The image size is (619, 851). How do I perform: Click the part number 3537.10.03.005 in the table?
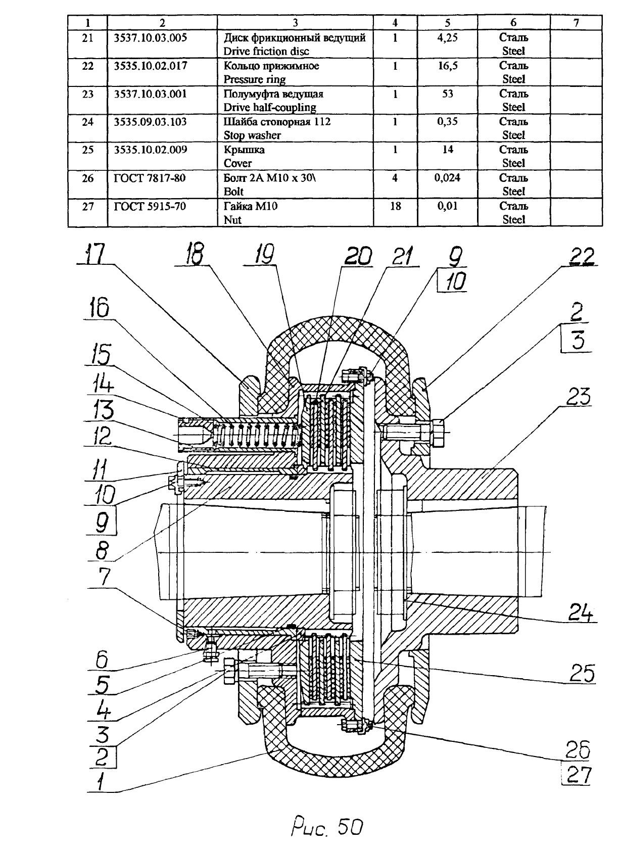pos(151,37)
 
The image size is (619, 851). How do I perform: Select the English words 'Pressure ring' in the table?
pos(254,79)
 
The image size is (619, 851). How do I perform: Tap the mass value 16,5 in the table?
pos(447,66)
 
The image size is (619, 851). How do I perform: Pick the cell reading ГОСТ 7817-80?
pos(150,178)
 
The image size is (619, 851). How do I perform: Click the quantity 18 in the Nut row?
pos(395,206)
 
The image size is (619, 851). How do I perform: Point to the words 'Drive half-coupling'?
pos(270,108)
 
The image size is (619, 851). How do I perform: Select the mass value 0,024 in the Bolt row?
pos(447,178)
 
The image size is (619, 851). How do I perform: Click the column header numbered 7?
pos(576,23)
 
